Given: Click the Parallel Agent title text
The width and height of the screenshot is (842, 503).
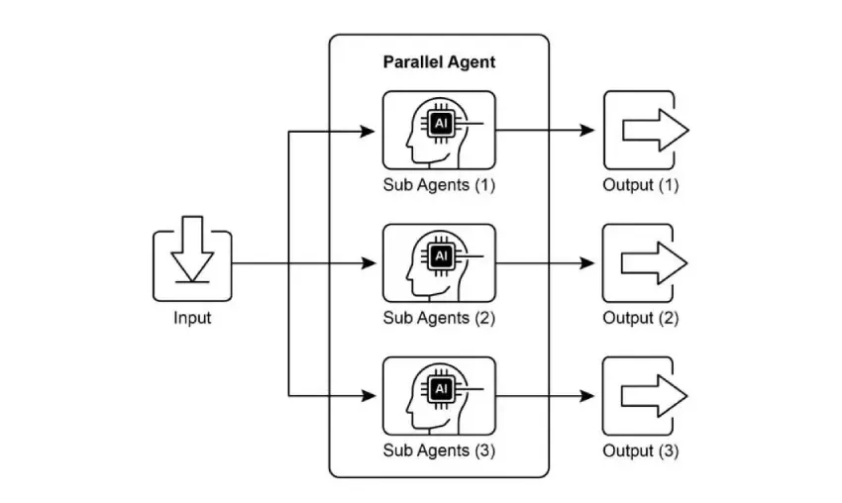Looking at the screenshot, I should tap(439, 62).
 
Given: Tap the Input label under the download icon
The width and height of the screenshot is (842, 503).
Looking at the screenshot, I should tap(192, 318).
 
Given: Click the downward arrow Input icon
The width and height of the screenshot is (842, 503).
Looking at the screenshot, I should tap(192, 259).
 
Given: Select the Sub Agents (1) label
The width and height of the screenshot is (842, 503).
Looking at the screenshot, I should tap(439, 185).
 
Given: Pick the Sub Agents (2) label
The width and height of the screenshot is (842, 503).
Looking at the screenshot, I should tap(439, 318).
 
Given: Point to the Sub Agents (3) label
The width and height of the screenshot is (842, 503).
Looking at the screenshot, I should tap(439, 451).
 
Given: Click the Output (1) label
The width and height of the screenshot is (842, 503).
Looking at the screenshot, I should tap(641, 185).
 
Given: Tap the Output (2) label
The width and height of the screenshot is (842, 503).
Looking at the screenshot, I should tap(641, 318).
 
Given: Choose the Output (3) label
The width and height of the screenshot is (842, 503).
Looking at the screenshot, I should tap(641, 451).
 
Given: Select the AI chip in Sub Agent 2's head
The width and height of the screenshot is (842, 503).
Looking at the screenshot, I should tap(441, 256).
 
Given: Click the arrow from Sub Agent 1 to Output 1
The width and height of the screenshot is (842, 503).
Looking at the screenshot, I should tap(545, 131).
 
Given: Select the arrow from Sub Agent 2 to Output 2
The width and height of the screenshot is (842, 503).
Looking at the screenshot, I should tap(545, 263).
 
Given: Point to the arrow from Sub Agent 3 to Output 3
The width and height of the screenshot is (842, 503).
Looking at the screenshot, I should tap(545, 396).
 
